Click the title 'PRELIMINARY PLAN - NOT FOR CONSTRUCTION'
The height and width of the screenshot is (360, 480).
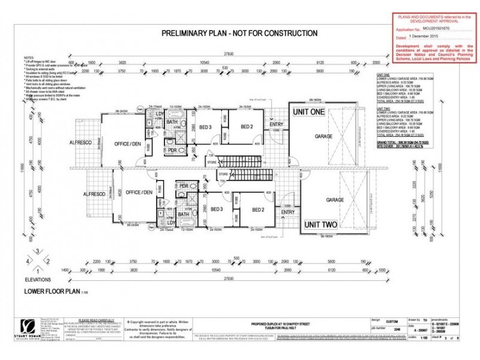click(x=239, y=34)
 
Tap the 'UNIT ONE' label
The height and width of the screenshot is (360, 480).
click(x=308, y=112)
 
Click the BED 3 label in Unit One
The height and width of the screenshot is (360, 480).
click(x=205, y=127)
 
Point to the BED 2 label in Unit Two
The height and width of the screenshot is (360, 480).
click(x=258, y=209)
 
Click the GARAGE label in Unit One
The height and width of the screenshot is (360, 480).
click(x=323, y=137)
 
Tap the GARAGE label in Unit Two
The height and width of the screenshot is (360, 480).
click(x=335, y=200)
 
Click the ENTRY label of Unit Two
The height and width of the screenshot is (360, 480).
click(x=287, y=212)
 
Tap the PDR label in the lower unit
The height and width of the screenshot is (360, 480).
click(x=184, y=186)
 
